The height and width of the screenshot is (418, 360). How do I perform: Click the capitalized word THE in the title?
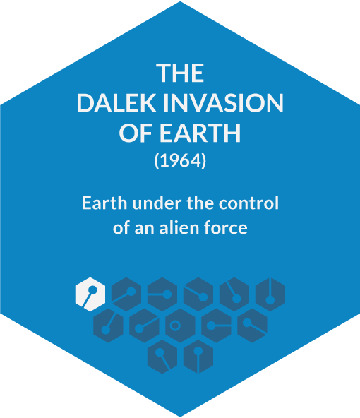(180, 73)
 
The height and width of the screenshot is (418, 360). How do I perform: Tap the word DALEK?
(116, 103)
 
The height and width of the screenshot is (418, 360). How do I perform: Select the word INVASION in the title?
(223, 103)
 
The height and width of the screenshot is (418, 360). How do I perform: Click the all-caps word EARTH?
(200, 133)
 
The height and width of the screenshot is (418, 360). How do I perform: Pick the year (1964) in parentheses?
(180, 161)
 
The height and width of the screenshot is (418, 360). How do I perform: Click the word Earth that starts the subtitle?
(104, 203)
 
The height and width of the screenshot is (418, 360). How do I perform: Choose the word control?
(248, 203)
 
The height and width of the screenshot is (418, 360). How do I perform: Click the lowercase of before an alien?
(121, 228)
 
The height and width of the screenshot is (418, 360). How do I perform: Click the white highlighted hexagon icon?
(90, 294)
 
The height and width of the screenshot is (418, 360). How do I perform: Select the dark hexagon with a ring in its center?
(180, 326)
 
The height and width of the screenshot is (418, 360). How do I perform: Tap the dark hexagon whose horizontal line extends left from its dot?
(162, 294)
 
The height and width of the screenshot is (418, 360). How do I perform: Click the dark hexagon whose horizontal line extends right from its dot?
(217, 326)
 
